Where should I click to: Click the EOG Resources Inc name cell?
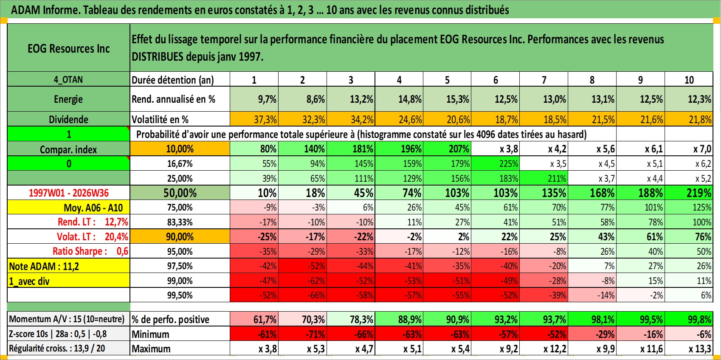(x=68, y=48)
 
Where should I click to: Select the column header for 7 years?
(x=544, y=79)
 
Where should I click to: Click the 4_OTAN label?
(x=68, y=79)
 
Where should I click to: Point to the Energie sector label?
(x=68, y=99)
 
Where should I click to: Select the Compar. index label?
(x=68, y=149)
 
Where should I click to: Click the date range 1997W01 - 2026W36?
(x=69, y=193)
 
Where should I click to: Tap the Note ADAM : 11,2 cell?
(x=44, y=266)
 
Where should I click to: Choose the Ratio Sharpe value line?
(x=90, y=251)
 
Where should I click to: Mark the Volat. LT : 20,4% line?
(x=93, y=237)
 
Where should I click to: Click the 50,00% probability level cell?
(x=180, y=193)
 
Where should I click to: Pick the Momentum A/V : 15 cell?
(x=67, y=319)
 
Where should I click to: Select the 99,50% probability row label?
(x=180, y=295)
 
